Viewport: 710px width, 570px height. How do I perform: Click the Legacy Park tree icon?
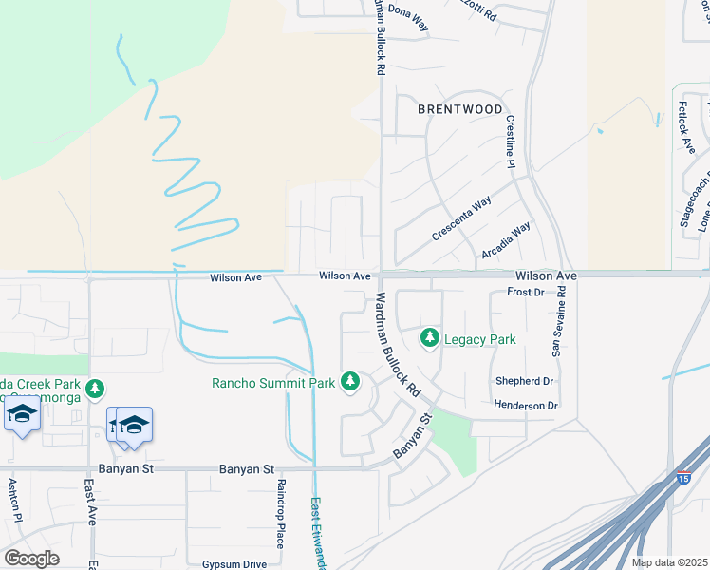click(430, 338)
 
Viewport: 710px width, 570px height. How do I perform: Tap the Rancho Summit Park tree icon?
click(350, 382)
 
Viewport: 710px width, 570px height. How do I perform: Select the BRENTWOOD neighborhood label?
click(460, 109)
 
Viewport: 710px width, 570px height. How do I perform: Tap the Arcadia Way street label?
click(506, 240)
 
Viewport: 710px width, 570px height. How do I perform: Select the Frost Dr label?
click(526, 292)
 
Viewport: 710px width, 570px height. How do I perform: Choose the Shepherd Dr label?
click(524, 381)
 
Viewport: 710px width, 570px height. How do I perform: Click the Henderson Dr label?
click(525, 405)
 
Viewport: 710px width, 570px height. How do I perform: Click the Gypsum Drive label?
click(234, 563)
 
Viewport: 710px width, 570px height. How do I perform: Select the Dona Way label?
click(409, 21)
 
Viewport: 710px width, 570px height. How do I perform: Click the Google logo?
click(31, 559)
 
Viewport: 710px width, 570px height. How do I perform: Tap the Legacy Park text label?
click(479, 338)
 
